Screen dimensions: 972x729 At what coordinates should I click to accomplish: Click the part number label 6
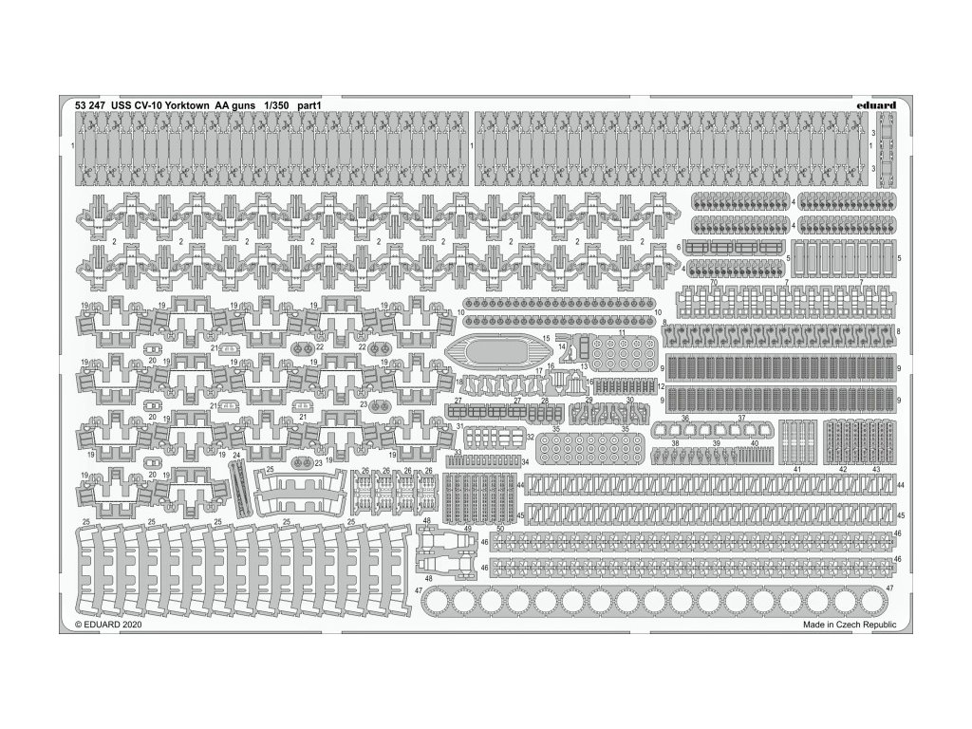[680, 247]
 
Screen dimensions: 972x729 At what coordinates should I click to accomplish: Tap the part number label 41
[798, 470]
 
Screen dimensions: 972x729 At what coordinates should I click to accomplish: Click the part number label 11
[623, 334]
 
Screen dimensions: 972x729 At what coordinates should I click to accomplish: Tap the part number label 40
[754, 443]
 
